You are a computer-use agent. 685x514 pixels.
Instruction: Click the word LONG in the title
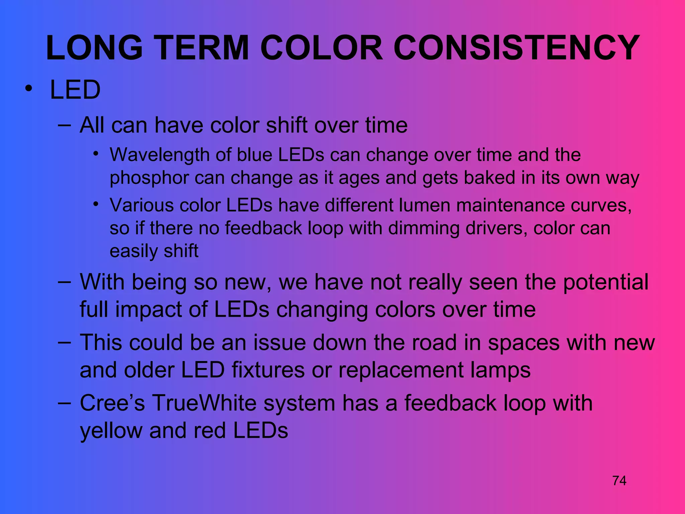94,49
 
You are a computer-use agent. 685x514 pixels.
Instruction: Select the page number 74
619,481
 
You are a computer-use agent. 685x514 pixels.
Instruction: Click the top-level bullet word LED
75,90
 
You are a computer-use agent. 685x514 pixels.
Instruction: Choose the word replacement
401,370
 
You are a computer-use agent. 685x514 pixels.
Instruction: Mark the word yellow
111,431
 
